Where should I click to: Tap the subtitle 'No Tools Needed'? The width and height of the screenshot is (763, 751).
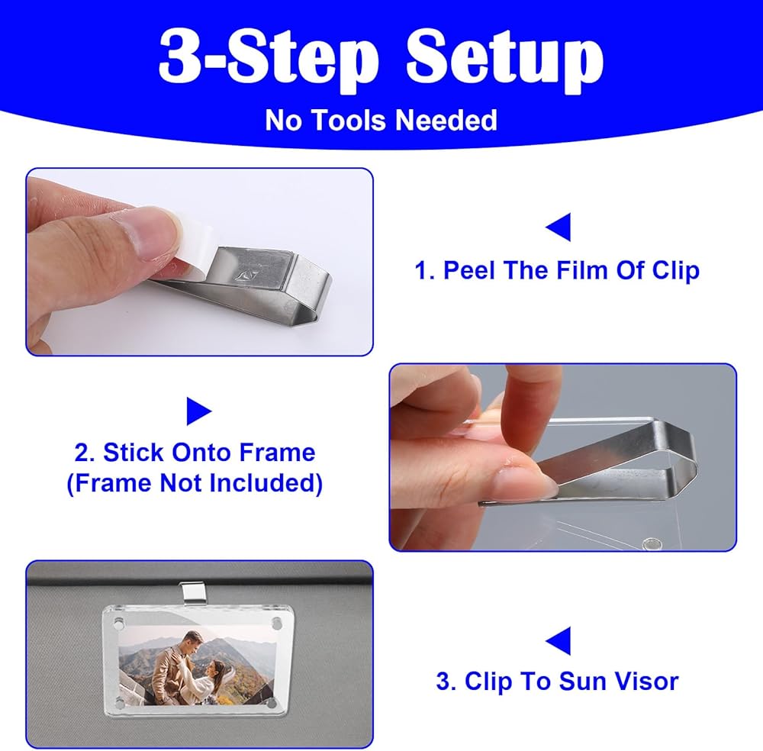click(381, 121)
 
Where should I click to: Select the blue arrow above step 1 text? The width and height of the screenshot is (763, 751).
click(559, 227)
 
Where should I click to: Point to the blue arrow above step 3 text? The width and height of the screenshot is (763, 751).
click(559, 640)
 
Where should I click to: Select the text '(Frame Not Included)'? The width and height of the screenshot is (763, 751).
click(195, 483)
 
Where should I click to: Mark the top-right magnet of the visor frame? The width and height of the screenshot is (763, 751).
click(276, 623)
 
